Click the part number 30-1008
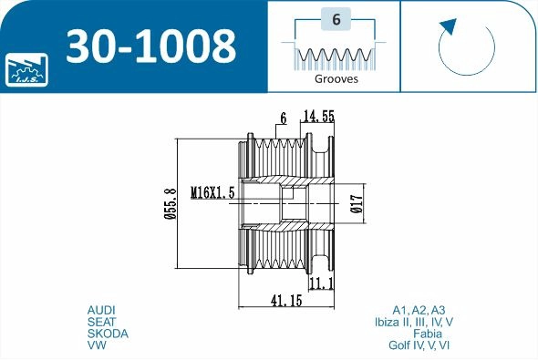151,46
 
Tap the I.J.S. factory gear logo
26,69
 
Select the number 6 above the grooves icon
336,19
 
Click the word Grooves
336,79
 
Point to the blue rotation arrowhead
450,26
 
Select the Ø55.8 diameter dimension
171,203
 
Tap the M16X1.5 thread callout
212,192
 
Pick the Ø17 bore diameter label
357,203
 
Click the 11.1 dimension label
322,283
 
